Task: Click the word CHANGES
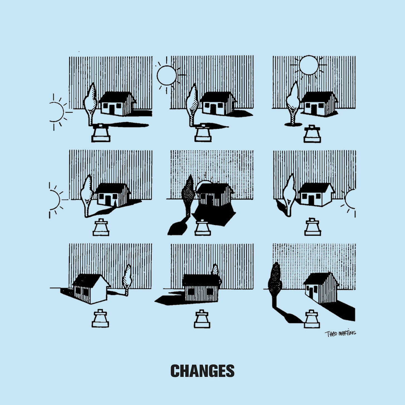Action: click(x=202, y=371)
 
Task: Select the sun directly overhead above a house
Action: click(x=309, y=65)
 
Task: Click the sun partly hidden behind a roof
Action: click(x=205, y=182)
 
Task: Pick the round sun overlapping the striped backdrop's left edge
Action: click(x=167, y=75)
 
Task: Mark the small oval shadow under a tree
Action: click(x=293, y=124)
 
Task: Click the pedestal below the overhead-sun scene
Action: click(x=312, y=134)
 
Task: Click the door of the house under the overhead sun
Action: click(x=313, y=110)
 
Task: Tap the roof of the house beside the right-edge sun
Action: click(x=315, y=188)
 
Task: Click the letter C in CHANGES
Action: click(x=175, y=371)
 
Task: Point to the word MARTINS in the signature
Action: click(x=347, y=333)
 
